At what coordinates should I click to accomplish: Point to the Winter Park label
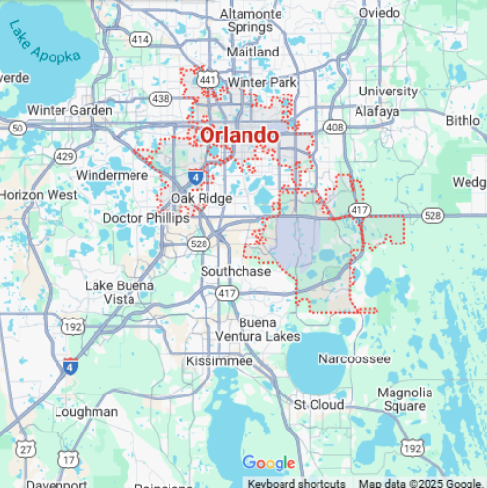260,83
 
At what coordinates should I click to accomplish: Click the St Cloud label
318,404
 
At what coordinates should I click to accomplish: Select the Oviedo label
379,13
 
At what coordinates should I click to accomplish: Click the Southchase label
236,271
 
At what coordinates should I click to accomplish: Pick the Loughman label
87,412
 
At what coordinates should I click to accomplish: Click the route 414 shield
140,39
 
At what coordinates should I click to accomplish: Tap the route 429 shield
65,157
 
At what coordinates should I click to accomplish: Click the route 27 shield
26,449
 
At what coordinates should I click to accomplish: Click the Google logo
269,463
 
